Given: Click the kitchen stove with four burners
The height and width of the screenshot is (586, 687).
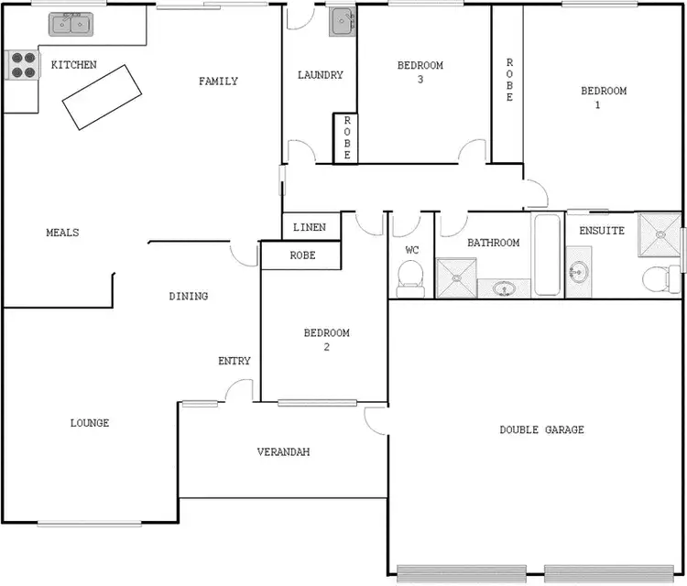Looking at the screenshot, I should (23, 64).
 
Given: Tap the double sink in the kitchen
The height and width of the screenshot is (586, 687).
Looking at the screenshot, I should (71, 22).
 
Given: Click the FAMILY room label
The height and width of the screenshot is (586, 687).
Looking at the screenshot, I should (218, 81).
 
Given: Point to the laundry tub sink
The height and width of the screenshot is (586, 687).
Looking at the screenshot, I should (342, 20).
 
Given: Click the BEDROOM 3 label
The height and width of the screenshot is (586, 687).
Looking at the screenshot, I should (420, 72).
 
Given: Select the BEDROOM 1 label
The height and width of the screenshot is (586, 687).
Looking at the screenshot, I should (604, 97).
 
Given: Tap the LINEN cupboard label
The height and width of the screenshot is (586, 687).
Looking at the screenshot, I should (310, 227).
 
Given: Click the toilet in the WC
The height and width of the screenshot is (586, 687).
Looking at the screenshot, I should (411, 276).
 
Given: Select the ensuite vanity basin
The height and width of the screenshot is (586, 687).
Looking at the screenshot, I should (578, 272).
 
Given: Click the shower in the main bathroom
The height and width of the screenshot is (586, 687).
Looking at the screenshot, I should (456, 278).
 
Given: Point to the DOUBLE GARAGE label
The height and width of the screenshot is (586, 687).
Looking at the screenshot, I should (541, 429).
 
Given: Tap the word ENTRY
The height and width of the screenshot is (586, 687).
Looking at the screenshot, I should (234, 361).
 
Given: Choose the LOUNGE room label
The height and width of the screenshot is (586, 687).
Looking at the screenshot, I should (90, 423).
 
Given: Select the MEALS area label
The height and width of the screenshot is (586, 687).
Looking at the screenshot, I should (62, 233).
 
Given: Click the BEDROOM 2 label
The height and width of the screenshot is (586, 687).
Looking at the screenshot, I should (327, 340).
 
